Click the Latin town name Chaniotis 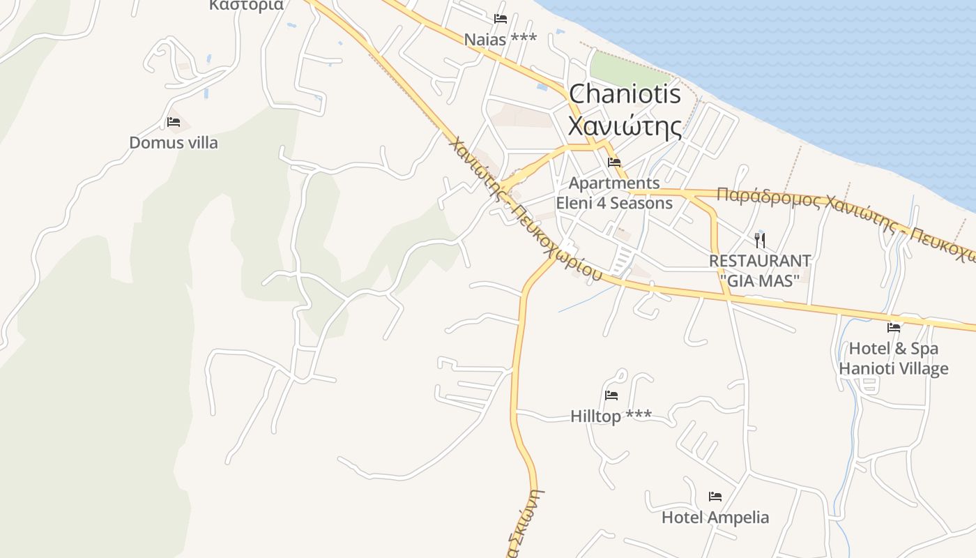pos(625,94)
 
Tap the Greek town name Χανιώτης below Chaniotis pos(625,127)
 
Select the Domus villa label pos(174,143)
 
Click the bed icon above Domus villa pos(174,122)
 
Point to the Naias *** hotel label pos(501,39)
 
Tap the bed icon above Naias pos(500,19)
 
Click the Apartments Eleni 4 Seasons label pos(614,193)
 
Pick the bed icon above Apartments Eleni pos(614,163)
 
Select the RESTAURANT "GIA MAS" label pos(760,271)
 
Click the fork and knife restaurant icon pos(760,241)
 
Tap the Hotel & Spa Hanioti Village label pos(894,359)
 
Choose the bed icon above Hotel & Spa pos(894,327)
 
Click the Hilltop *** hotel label pos(611,416)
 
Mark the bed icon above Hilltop pos(611,395)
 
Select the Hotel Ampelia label pos(715,518)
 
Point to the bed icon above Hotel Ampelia pos(715,497)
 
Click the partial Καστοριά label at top pos(246,6)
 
